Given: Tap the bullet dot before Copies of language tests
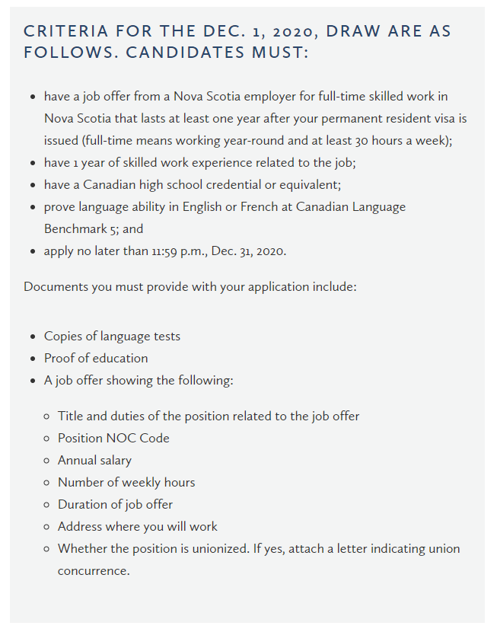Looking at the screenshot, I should tap(33, 337).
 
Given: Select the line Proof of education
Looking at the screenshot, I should tap(96, 358).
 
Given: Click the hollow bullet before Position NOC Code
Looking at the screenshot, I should tap(46, 439).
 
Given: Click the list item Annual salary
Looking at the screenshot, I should tap(94, 460).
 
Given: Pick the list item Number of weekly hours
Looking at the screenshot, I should tap(126, 482).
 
